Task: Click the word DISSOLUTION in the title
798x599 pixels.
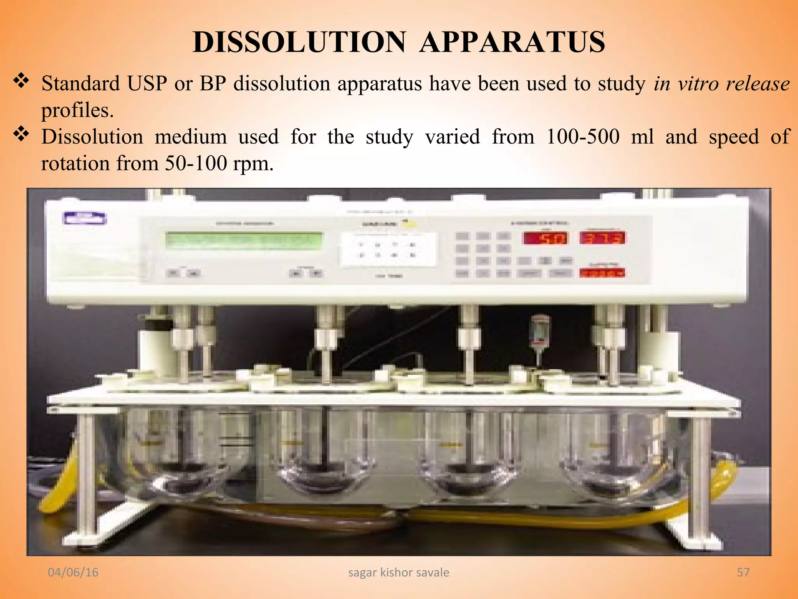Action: click(299, 42)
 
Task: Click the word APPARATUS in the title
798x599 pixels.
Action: click(512, 42)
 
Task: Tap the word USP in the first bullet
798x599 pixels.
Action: click(147, 83)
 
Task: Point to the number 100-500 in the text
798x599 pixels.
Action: click(583, 137)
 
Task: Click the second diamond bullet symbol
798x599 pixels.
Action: click(21, 135)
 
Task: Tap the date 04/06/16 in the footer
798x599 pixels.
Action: click(73, 572)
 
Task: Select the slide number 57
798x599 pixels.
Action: click(743, 572)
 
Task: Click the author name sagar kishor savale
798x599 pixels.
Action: click(399, 572)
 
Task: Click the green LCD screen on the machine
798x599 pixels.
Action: click(244, 241)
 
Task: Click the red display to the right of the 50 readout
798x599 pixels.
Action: click(602, 238)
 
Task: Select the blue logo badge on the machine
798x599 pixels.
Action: click(85, 218)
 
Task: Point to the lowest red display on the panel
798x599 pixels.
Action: click(602, 273)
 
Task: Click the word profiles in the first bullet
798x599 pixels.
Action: click(78, 110)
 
